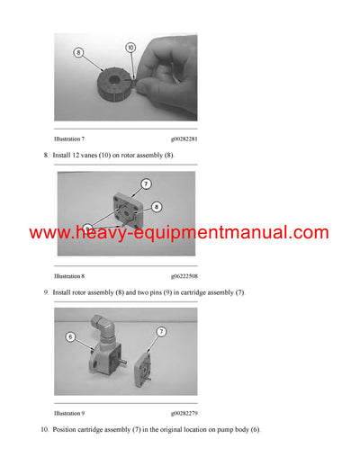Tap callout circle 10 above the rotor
click(130, 47)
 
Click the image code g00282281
click(184, 140)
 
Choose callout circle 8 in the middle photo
click(157, 206)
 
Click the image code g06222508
click(184, 277)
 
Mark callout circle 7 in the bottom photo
click(161, 331)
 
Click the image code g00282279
click(184, 414)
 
